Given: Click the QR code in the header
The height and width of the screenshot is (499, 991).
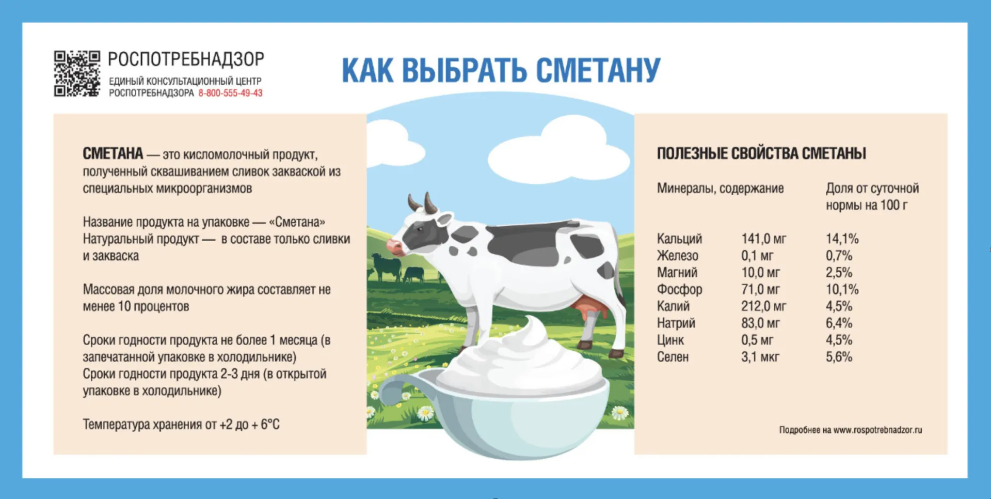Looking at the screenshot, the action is coord(77,73).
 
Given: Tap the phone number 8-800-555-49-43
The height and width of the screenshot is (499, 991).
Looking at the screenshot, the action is coord(230,93).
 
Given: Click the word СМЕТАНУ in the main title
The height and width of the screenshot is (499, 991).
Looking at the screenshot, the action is coord(598,70).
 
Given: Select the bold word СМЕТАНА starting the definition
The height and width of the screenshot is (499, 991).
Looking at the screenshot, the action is coord(113,153).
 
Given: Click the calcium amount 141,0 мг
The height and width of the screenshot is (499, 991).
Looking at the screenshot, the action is coord(764,239).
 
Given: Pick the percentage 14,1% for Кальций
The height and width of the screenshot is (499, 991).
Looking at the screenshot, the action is coord(842,239).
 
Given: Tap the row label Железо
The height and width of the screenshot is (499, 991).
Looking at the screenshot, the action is coord(678,256).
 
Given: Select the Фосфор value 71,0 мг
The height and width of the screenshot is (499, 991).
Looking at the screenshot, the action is coord(761,289).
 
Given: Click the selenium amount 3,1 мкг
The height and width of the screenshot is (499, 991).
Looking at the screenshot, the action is coord(760,357).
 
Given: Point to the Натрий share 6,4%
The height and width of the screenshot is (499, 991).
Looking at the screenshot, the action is coord(839,323).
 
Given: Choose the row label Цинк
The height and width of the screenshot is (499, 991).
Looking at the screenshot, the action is coord(670,340).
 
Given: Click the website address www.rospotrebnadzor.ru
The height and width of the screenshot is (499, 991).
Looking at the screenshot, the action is coord(877,430).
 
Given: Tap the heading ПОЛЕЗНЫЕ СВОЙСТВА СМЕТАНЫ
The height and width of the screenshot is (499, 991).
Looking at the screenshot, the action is coord(761,153).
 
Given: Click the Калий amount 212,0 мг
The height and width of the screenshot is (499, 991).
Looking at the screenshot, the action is coord(764,306).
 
